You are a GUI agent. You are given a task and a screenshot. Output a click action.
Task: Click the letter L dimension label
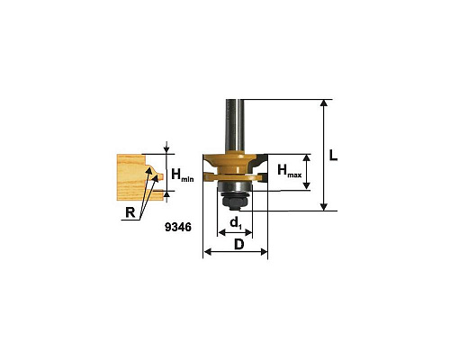coord(333,155)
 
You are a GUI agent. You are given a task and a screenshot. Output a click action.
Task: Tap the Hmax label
coord(289,171)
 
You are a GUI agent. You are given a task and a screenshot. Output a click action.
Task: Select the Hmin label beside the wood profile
coord(183,175)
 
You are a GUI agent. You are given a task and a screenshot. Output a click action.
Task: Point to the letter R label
coord(130,212)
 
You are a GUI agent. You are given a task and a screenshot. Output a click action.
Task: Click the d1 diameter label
coord(236,223)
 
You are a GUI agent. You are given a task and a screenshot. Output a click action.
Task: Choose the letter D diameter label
coord(238,245)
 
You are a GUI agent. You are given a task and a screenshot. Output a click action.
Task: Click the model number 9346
coord(178,227)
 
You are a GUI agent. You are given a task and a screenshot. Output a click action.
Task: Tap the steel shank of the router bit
coord(235,125)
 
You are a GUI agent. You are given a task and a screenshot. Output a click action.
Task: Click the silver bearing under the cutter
coord(234,186)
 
